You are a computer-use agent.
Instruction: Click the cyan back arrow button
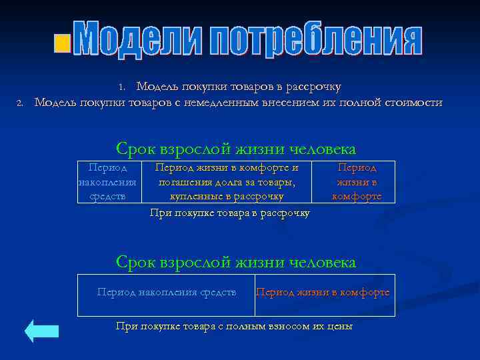(41, 331)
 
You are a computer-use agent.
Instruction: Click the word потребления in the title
(317, 40)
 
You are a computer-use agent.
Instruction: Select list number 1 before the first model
(121, 87)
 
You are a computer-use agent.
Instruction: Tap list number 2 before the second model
(20, 103)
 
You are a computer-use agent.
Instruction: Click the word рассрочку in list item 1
(313, 87)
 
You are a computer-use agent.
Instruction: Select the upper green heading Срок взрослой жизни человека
(236, 149)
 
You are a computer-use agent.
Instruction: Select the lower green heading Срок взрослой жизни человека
(236, 262)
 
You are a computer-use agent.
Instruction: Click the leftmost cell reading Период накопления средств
(108, 182)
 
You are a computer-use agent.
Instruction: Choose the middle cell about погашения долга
(227, 182)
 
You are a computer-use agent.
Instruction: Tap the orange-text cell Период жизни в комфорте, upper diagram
(357, 182)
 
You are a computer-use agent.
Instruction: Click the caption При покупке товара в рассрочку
(230, 213)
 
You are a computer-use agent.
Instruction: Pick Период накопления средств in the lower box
(167, 292)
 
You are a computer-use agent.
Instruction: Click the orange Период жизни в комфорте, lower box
(323, 292)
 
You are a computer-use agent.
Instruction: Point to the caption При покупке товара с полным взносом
(234, 326)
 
